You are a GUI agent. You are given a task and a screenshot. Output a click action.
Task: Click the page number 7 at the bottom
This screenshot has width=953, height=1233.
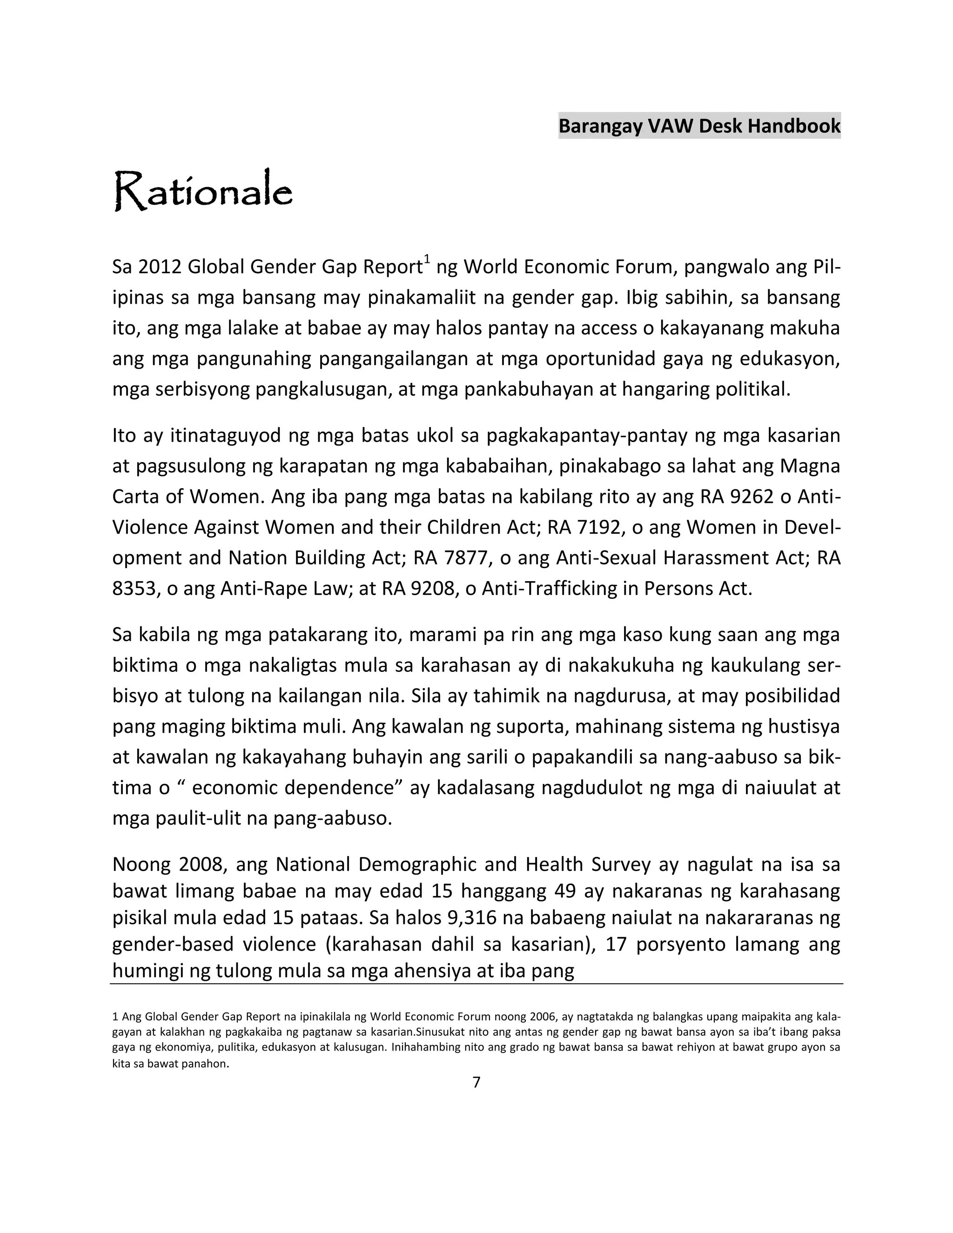point(476,1082)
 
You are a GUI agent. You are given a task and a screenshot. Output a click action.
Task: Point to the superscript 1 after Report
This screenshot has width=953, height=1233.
point(427,260)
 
